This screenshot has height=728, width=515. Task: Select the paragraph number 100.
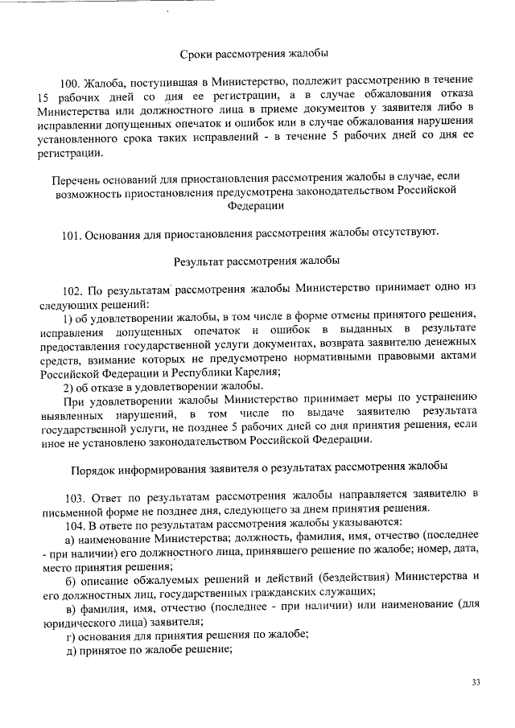tap(72, 82)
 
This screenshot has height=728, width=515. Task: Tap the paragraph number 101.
tap(72, 232)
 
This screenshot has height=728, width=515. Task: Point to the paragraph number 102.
tap(72, 287)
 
